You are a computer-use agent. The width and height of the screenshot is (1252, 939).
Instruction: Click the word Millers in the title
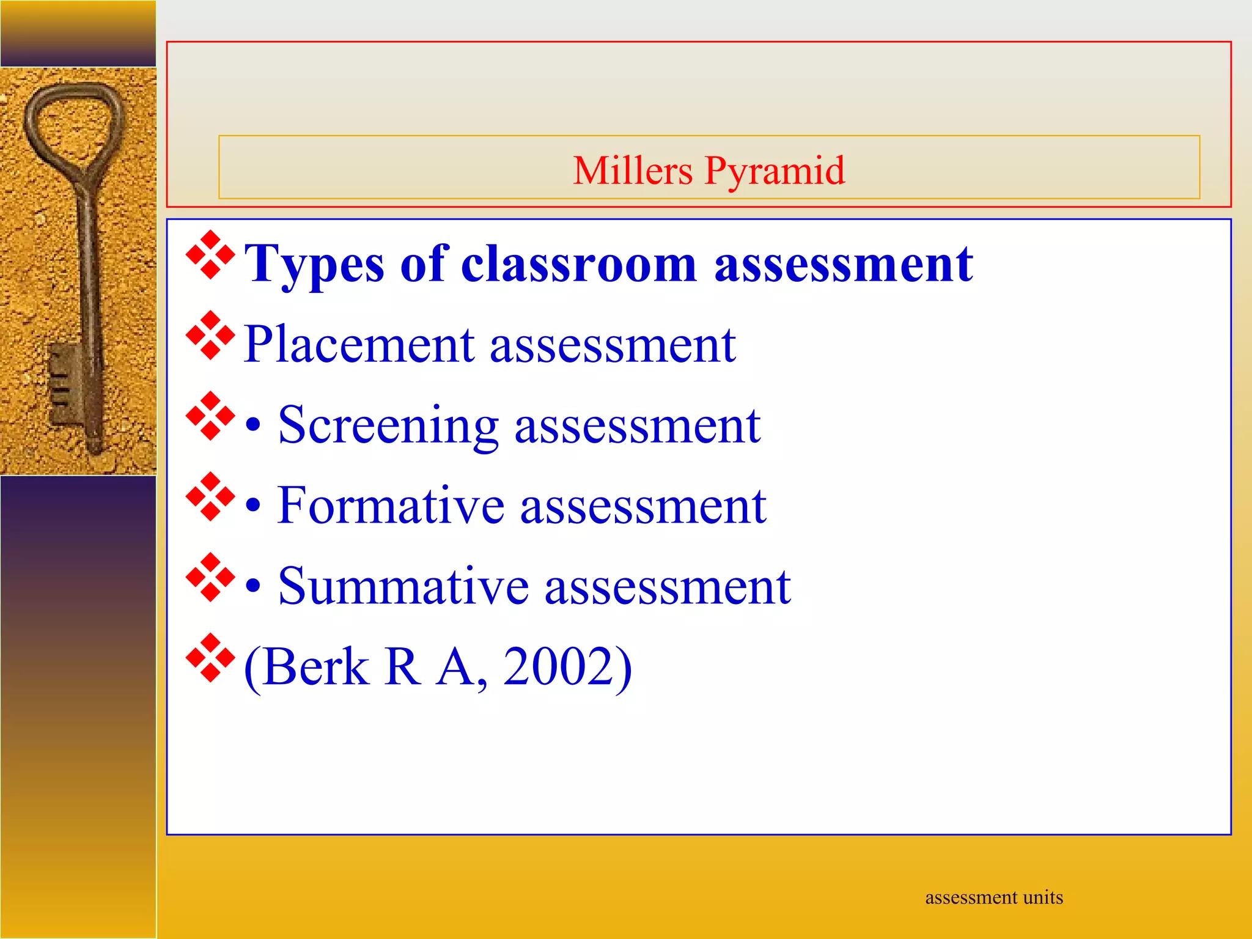pos(633,171)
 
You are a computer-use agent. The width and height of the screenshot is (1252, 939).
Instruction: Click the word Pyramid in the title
pos(775,171)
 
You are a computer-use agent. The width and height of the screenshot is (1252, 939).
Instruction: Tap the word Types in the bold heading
pos(314,264)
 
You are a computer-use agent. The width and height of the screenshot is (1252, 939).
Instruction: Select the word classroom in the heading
pos(578,264)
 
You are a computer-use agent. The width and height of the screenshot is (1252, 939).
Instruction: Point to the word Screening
pos(388,425)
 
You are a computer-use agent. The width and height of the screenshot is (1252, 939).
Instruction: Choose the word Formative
pos(390,506)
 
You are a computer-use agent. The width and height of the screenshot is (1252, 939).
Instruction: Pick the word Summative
pos(403,587)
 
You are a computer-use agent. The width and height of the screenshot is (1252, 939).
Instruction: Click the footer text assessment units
pos(994,897)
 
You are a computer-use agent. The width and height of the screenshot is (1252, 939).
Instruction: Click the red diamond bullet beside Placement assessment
pos(210,335)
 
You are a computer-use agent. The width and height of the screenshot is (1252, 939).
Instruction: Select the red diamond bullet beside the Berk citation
pos(210,658)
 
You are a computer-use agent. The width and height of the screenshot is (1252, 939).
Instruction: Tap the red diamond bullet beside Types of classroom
pos(210,255)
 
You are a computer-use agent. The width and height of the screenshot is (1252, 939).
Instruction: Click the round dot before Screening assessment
pos(254,426)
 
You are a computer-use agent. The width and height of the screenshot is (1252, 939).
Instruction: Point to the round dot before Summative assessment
pos(254,587)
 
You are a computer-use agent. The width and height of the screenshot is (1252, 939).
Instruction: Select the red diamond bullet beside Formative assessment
pos(210,496)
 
